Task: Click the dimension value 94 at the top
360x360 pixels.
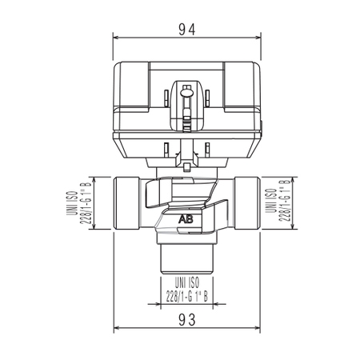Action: coord(186,29)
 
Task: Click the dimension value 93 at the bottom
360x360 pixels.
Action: coord(186,318)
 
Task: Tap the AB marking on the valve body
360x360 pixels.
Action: coord(186,218)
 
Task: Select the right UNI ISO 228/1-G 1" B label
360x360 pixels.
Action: coord(275,204)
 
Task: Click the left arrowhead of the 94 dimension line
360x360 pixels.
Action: coord(115,38)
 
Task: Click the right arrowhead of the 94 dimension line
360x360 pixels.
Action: coord(258,38)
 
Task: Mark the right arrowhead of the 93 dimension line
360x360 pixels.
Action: coord(257,328)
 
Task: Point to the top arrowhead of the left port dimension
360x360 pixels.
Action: coord(95,179)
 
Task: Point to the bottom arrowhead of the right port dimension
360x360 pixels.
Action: coord(279,229)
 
